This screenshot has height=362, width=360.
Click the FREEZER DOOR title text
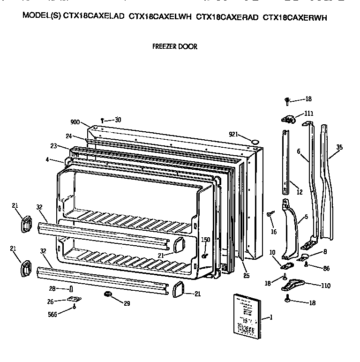pyautogui.click(x=175, y=46)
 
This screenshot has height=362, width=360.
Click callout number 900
pyautogui.click(x=75, y=122)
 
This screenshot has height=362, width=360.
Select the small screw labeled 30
pyautogui.click(x=102, y=121)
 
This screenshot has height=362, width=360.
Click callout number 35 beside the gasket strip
pyautogui.click(x=339, y=147)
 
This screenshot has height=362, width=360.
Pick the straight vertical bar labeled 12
pyautogui.click(x=286, y=162)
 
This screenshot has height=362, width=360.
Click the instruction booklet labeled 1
pyautogui.click(x=247, y=315)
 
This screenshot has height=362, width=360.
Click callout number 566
pyautogui.click(x=52, y=314)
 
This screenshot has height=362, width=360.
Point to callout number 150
pyautogui.click(x=205, y=240)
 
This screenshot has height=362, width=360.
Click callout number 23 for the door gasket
pyautogui.click(x=53, y=146)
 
